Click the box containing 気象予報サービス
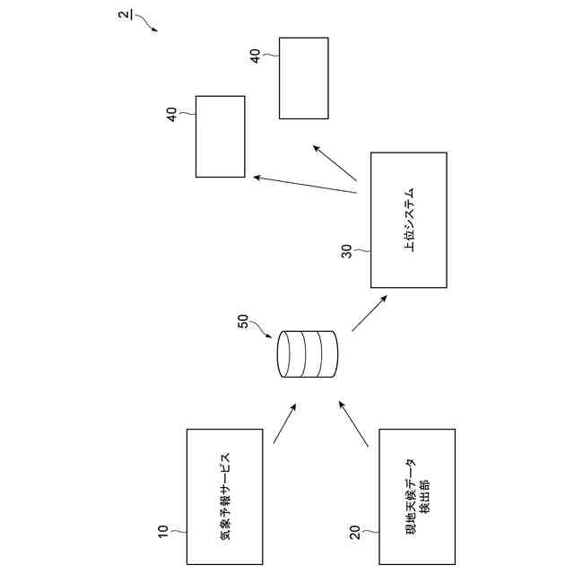click(224, 496)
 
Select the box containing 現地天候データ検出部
click(418, 496)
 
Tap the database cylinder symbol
click(308, 355)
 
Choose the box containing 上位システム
click(409, 220)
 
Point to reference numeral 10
click(163, 531)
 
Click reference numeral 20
click(355, 532)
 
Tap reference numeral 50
click(243, 321)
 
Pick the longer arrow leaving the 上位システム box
click(305, 184)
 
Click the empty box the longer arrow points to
click(220, 136)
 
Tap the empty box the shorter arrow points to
click(303, 78)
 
